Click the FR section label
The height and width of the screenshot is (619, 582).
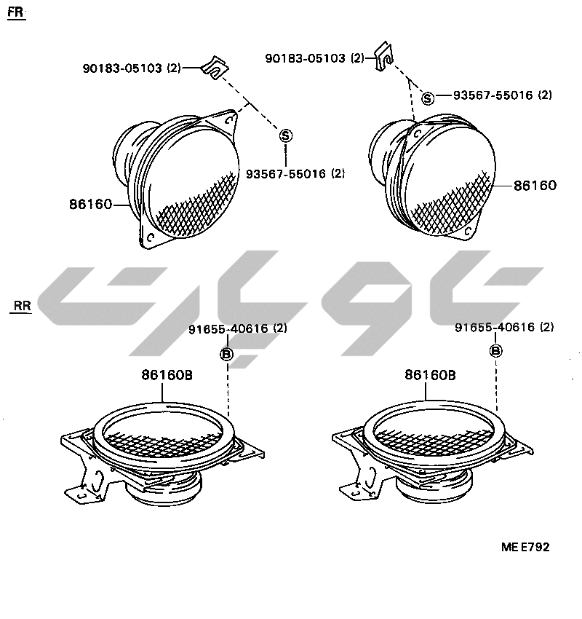tap(16, 12)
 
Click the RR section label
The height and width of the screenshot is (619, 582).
tap(22, 306)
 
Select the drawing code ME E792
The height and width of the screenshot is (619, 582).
tap(525, 547)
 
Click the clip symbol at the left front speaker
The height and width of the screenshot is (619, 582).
tap(215, 68)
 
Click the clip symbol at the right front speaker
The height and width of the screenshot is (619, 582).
tap(383, 57)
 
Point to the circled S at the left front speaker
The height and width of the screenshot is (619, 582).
tap(285, 135)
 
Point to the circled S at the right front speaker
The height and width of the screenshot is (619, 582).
tap(428, 98)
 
